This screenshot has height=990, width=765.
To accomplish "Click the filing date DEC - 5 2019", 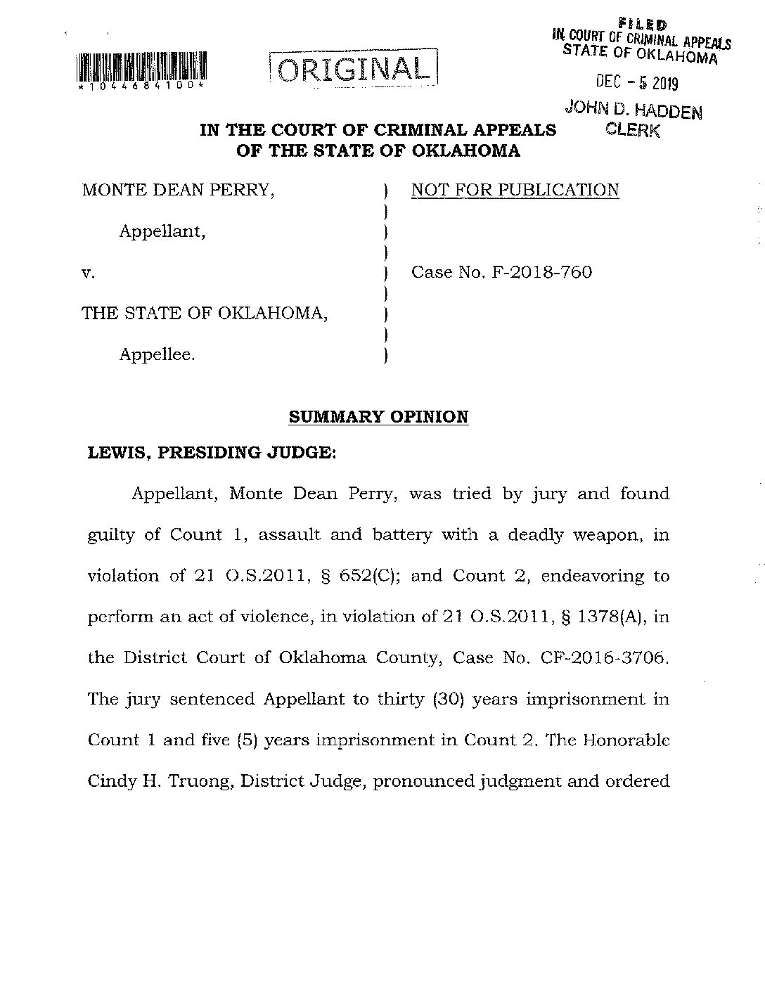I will tap(637, 83).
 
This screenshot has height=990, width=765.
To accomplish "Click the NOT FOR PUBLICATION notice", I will tap(515, 191).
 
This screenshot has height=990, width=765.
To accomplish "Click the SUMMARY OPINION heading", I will tap(378, 417).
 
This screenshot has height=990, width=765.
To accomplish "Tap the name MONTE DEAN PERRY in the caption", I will tap(178, 190).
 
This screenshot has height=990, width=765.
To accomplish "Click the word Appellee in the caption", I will tap(157, 354).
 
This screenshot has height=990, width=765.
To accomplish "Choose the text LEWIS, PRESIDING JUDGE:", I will tap(212, 453).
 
